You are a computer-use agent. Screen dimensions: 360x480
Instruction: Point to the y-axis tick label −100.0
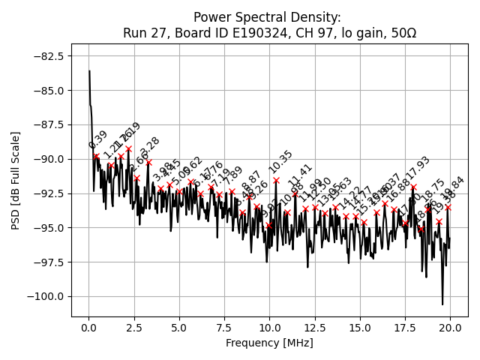(x=46, y=296)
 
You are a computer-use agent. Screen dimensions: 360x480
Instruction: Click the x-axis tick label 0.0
(x=88, y=328)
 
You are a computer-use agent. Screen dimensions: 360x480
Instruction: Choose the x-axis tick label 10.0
(x=269, y=328)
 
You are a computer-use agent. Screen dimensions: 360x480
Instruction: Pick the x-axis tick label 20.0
(x=450, y=328)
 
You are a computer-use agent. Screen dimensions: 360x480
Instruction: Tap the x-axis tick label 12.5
(x=315, y=328)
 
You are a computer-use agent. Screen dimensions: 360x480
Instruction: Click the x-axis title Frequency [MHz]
(x=269, y=343)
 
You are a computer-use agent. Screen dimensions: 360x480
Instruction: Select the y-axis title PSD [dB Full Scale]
(x=16, y=180)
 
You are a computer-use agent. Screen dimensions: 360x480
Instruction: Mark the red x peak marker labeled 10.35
(x=276, y=180)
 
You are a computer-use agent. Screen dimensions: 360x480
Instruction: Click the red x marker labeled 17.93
(x=413, y=187)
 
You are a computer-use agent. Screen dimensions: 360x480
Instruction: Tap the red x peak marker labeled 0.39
(x=96, y=157)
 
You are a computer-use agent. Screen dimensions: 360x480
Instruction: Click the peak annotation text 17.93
(x=418, y=169)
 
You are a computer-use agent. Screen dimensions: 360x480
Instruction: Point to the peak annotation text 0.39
(x=98, y=140)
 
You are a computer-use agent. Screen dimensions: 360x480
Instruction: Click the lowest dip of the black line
(x=442, y=304)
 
